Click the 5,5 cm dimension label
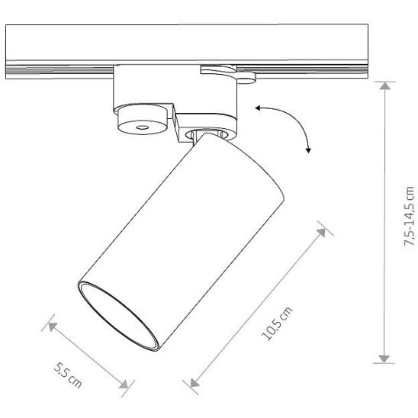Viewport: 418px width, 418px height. tap(68, 375)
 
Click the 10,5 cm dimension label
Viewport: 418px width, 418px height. tap(277, 323)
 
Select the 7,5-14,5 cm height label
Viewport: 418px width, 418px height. tap(409, 217)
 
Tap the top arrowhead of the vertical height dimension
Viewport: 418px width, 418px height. tap(384, 86)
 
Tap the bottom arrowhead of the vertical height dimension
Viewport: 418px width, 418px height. tap(384, 359)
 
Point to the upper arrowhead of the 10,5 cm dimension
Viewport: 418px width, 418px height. tap(322, 232)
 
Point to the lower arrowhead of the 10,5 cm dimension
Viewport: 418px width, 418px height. tap(195, 383)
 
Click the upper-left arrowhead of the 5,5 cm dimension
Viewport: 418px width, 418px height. tap(52, 326)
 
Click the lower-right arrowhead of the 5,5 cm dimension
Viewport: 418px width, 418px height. tap(124, 384)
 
